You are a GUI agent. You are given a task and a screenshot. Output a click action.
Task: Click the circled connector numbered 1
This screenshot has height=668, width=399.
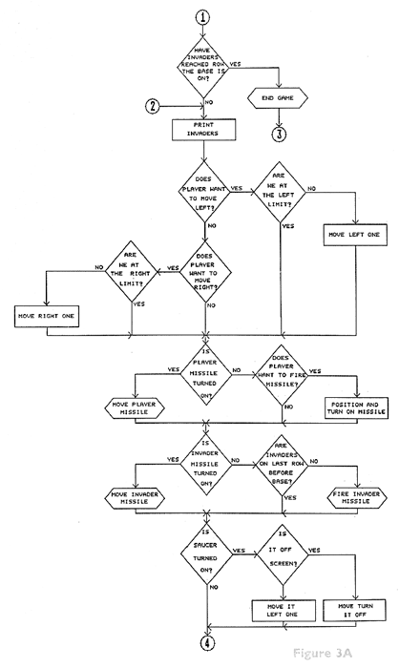[206, 17]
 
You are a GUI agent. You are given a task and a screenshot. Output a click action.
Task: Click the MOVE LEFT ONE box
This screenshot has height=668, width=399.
[353, 234]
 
